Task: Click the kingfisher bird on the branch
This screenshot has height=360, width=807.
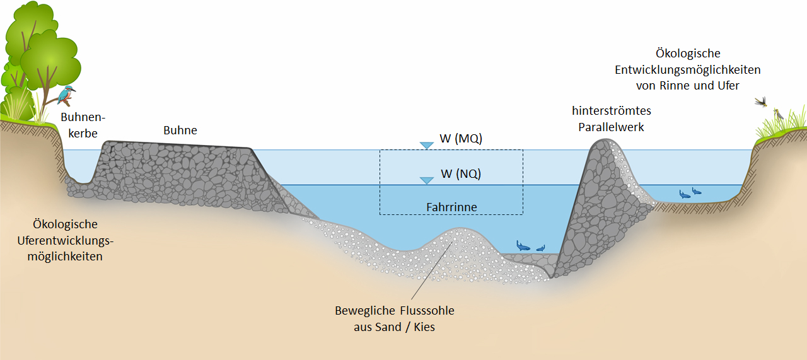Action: click(66, 95)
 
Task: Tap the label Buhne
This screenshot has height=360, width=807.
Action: click(180, 130)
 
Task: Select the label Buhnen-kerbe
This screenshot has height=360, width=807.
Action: click(83, 125)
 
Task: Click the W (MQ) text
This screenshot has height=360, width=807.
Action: click(461, 138)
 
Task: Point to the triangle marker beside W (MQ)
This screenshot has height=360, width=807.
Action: click(427, 146)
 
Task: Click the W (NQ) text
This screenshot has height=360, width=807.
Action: click(461, 173)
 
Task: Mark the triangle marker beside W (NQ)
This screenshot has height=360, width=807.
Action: click(427, 180)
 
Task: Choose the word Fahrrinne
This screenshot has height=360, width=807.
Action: click(451, 207)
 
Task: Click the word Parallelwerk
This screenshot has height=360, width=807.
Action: click(611, 127)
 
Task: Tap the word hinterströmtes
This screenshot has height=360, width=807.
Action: click(612, 110)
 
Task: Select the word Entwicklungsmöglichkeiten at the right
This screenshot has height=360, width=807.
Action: click(687, 69)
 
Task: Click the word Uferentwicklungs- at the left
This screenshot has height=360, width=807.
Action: click(65, 240)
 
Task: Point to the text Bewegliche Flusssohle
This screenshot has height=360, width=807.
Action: click(395, 311)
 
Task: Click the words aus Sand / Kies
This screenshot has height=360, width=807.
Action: click(394, 327)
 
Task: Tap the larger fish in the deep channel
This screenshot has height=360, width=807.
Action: click(523, 246)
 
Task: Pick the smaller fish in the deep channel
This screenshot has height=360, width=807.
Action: click(541, 248)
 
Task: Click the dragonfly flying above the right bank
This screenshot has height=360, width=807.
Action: click(762, 102)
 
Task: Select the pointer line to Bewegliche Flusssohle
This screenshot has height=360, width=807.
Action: click(432, 270)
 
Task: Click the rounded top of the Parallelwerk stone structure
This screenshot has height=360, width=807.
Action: click(602, 141)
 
